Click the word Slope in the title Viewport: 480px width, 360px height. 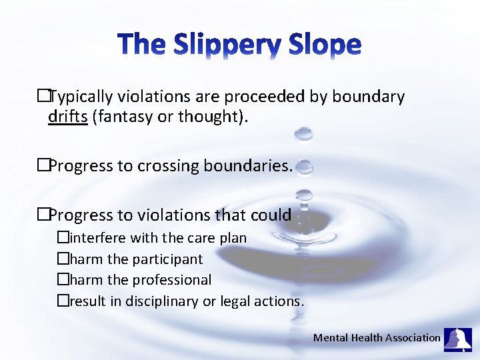[x=325, y=45]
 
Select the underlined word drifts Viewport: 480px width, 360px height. [x=68, y=118]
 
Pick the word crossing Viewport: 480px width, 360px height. [x=167, y=166]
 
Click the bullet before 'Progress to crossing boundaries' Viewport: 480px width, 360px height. [x=43, y=166]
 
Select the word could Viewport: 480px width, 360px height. [x=271, y=215]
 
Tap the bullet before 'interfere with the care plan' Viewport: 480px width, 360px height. [x=63, y=238]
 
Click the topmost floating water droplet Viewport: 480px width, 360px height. [x=304, y=134]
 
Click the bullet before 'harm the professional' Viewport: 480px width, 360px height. [x=63, y=280]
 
